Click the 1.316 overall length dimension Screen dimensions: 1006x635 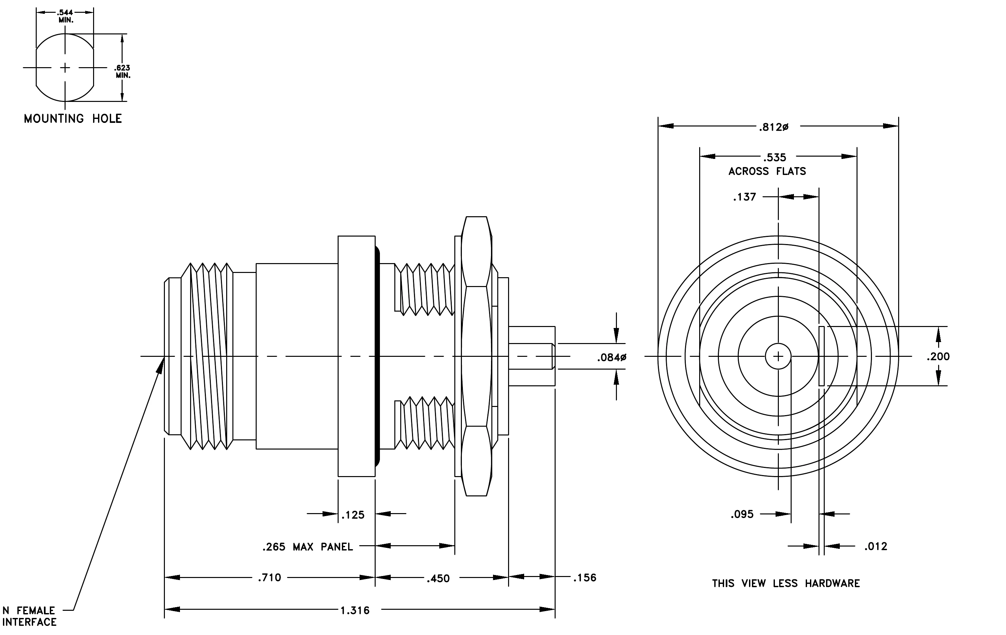coord(355,610)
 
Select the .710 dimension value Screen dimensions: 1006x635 coord(269,578)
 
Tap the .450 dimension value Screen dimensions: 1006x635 coord(438,579)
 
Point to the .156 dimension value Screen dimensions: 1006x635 coord(584,578)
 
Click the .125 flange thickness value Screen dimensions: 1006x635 coord(353,515)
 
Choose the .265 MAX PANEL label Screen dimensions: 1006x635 coord(307,547)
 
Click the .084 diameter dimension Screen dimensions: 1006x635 coord(612,357)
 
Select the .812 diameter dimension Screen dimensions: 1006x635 coord(774,127)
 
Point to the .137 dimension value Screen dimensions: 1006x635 coord(744,197)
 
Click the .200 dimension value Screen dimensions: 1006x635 coord(938,356)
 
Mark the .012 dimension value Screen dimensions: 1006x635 coord(876,547)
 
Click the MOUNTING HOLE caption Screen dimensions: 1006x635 coord(73,119)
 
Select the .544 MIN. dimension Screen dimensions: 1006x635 coord(66,16)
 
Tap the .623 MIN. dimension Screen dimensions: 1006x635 coord(123,72)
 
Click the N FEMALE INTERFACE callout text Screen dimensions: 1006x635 coord(29,616)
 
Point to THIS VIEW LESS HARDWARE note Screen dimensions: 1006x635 coord(786,584)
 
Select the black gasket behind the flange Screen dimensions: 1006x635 coord(378,356)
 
